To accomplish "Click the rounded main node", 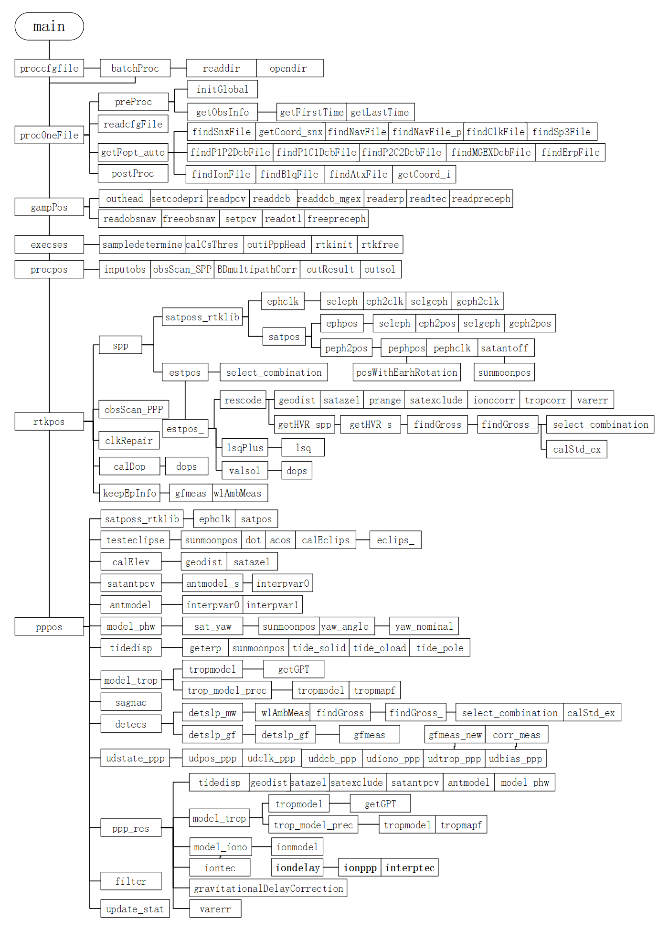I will coord(49,26).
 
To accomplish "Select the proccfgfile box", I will coord(49,68).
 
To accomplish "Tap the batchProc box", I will coord(135,68).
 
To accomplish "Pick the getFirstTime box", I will coord(311,112).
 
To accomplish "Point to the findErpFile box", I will coord(570,152).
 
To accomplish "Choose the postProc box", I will coord(133,173).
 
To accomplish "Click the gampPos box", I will coord(49,207).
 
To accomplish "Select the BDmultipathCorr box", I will coord(257,269).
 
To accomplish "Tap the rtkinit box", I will coord(334,244).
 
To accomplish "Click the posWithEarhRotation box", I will coord(407,372).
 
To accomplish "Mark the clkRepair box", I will coord(129,441).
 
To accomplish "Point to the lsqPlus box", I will coord(245,448).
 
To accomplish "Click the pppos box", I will coord(49,627).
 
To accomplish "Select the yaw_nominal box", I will coord(424,626).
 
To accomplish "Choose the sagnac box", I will coord(131,702).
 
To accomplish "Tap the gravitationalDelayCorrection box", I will coord(268,888).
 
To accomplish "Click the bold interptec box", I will coord(410,867).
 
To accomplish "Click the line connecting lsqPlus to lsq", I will coord(275,448).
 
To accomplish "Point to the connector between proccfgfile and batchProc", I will coord(92,68).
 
